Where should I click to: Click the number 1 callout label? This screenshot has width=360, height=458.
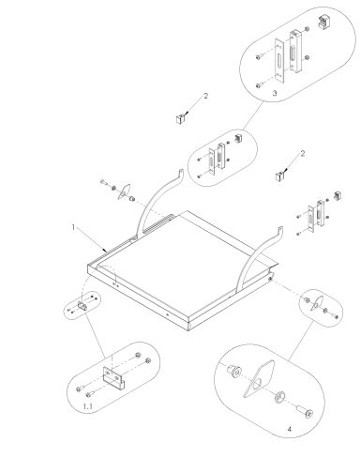click(73, 227)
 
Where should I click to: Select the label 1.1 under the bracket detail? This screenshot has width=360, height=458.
click(88, 406)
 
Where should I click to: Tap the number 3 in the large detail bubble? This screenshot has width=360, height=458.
click(275, 93)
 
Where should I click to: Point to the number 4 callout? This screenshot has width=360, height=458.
click(290, 429)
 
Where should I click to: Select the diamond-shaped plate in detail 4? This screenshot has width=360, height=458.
click(259, 378)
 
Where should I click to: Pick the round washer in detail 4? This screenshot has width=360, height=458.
click(279, 397)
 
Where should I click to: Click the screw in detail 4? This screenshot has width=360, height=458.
click(304, 411)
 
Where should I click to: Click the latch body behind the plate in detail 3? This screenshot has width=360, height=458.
click(295, 52)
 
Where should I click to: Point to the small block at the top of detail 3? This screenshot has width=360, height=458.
click(323, 23)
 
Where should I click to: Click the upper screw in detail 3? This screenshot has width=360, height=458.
click(259, 57)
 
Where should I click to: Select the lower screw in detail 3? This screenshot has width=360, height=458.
click(259, 84)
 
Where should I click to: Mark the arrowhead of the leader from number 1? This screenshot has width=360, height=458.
click(105, 250)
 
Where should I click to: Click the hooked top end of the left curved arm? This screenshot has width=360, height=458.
click(180, 173)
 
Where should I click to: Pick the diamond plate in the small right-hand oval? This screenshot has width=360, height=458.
click(317, 303)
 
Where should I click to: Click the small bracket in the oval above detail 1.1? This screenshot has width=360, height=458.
click(82, 306)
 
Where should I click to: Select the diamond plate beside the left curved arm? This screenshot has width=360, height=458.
click(124, 191)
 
